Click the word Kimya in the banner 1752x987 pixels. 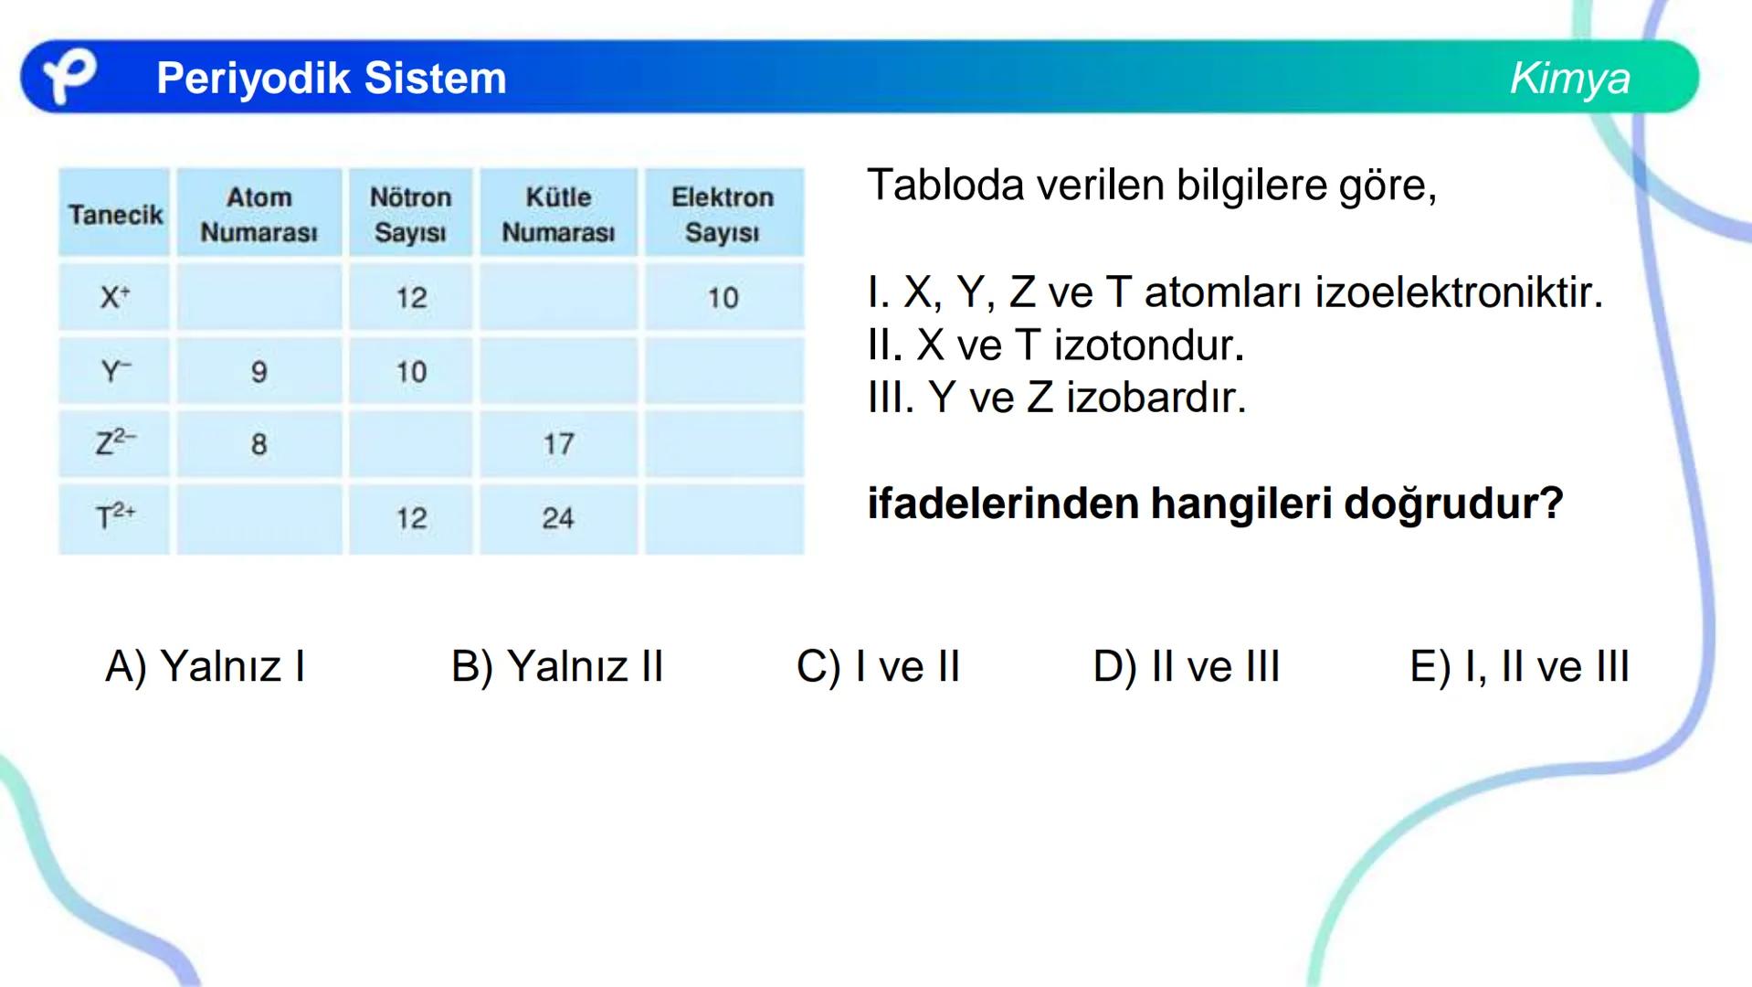[x=1569, y=78]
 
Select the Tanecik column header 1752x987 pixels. [x=115, y=215]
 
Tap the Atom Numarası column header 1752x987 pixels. [x=259, y=215]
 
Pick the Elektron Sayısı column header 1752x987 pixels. [x=723, y=215]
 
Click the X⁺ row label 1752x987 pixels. [x=115, y=297]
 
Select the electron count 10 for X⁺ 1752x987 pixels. [x=723, y=297]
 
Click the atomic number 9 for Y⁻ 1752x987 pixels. [x=259, y=372]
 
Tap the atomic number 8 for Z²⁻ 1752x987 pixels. [x=259, y=444]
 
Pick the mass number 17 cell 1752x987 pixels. [x=558, y=444]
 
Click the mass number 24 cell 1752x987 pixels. [x=558, y=518]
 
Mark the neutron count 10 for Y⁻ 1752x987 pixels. [x=411, y=372]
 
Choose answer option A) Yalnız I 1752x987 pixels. [x=205, y=666]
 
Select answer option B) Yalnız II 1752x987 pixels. [x=557, y=666]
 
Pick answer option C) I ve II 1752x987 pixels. [x=878, y=666]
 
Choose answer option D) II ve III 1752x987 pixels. [x=1186, y=666]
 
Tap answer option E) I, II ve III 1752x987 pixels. [x=1519, y=666]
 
